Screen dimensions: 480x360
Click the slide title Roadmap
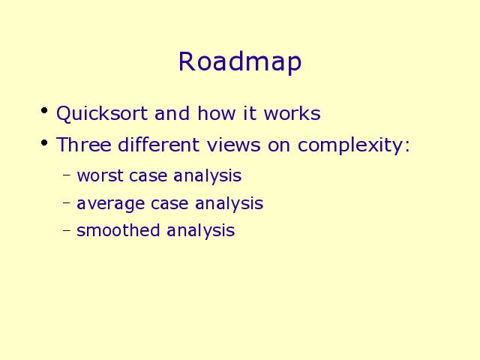240,62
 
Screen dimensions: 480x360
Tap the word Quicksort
102,114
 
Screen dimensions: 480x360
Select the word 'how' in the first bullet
217,113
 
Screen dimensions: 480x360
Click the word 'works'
292,113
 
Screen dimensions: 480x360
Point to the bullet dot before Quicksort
44,110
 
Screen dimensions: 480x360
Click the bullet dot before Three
44,142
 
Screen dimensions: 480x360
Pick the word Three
83,144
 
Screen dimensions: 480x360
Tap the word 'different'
158,144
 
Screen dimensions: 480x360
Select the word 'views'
233,144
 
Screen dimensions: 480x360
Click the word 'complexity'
350,145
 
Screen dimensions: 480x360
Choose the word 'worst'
100,176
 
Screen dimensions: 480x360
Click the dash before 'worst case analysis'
67,175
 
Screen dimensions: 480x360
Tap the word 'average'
110,204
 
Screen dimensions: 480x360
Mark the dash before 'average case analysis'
67,202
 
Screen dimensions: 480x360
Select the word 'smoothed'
118,229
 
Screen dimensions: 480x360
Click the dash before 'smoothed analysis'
67,229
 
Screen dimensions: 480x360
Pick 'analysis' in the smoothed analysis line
201,231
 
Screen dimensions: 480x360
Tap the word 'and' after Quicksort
172,113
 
